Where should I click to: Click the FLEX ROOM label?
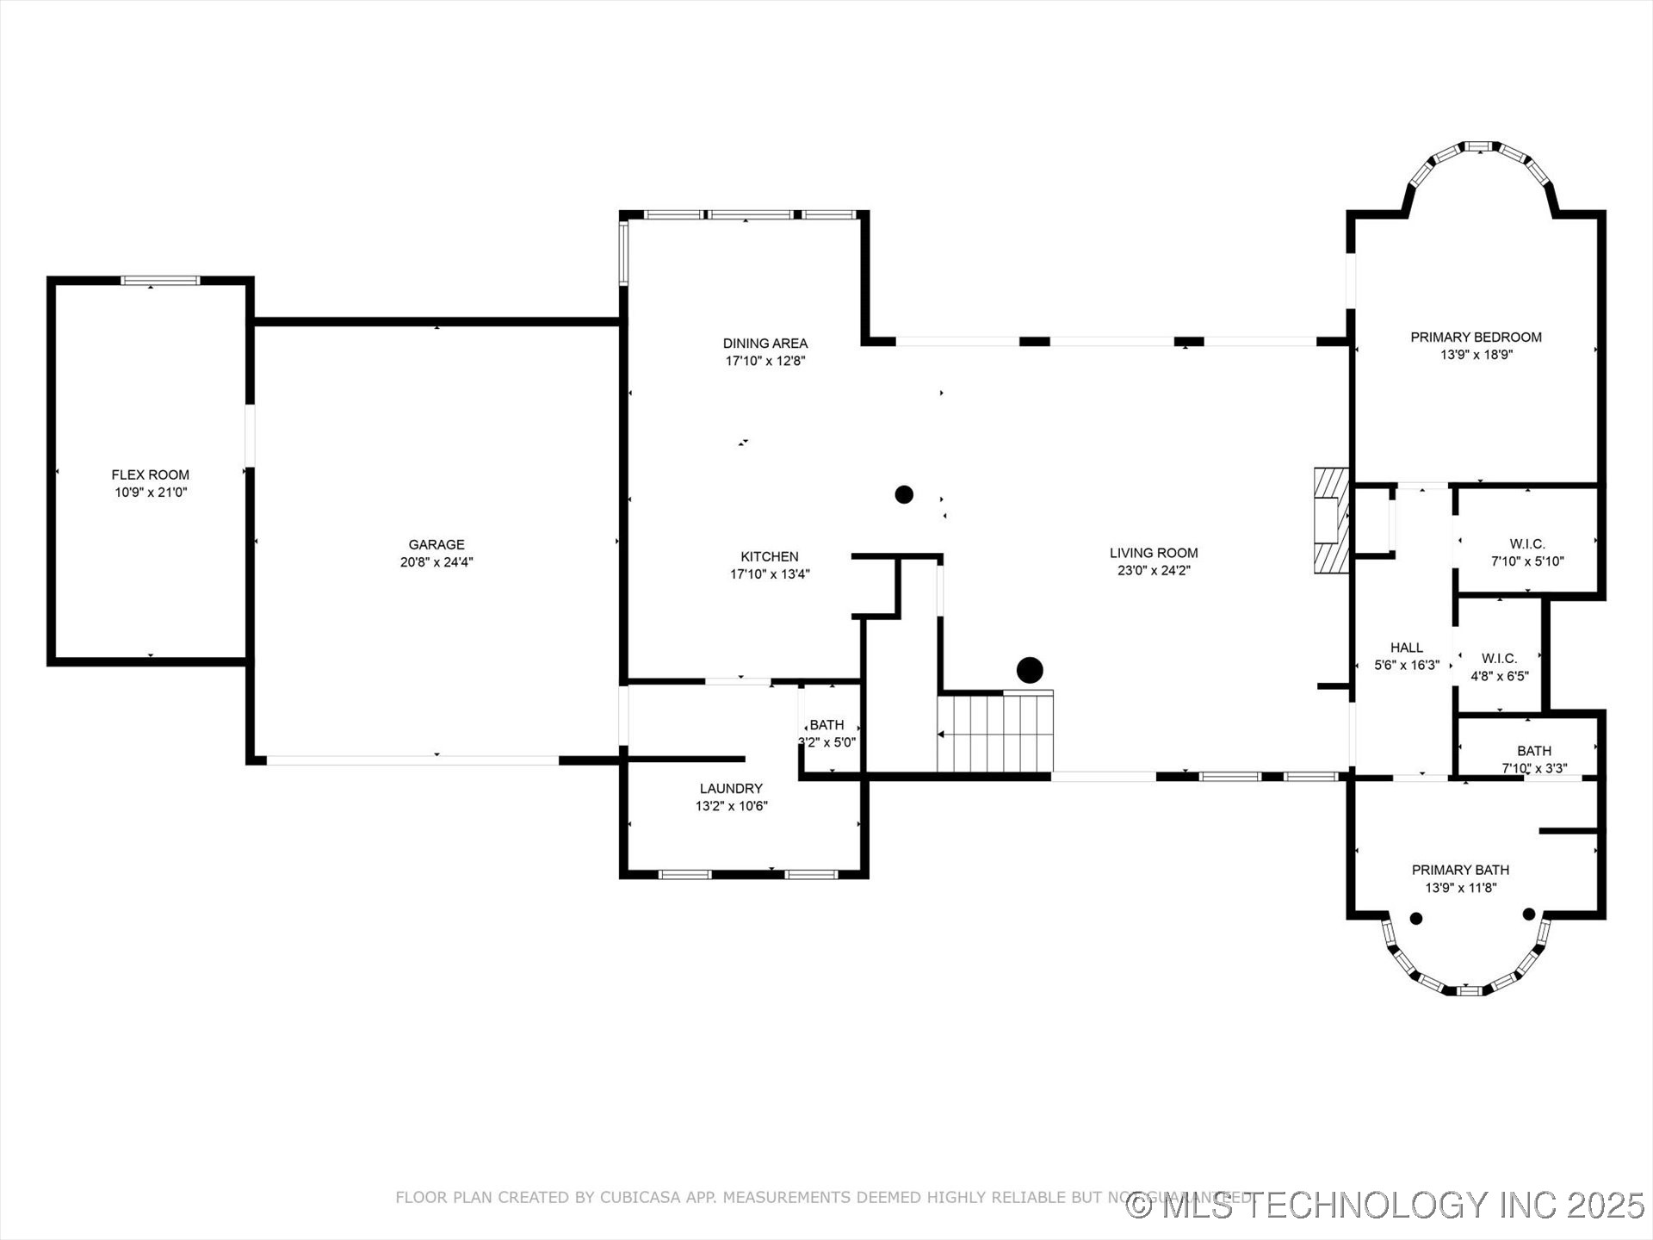150,474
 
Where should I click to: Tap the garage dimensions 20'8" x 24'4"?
436,562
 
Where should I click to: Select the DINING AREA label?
765,344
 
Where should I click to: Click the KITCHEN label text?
770,557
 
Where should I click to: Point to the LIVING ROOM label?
1153,553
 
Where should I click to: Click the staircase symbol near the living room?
995,733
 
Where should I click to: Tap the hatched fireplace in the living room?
1331,520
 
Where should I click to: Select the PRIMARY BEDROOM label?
1476,338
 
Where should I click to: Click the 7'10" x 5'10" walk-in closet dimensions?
1527,561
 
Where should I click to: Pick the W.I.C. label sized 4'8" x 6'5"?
1499,659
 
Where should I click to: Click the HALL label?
1407,648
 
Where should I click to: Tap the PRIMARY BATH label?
1460,870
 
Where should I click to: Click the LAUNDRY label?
731,789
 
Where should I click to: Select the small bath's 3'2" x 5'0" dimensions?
827,742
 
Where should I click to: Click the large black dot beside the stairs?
1030,670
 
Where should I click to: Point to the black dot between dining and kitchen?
904,494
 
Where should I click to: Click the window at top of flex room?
160,280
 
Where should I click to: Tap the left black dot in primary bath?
1416,918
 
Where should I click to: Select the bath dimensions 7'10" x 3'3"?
1534,768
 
